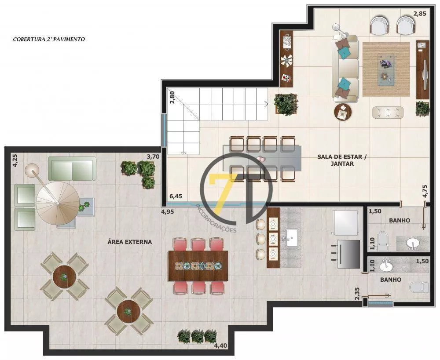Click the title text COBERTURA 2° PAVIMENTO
click(x=49, y=39)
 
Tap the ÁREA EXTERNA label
click(x=130, y=242)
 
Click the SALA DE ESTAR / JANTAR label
click(x=336, y=160)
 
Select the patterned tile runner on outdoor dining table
click(x=198, y=266)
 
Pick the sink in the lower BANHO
click(x=387, y=265)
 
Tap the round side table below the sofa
click(x=343, y=113)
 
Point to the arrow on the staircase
click(x=266, y=104)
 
